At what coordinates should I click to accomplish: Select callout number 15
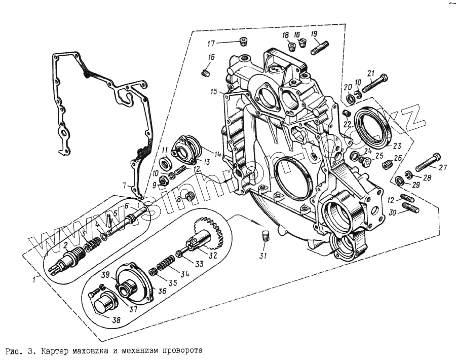point(214,92)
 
